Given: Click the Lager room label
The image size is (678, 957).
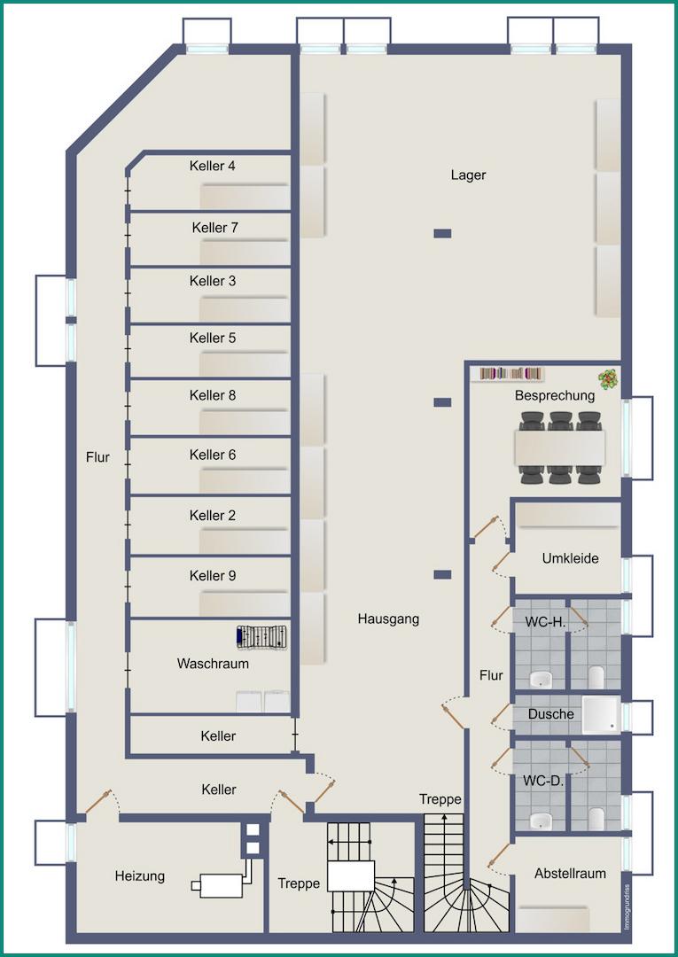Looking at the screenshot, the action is click(x=468, y=175).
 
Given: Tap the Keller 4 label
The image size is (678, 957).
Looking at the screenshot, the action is click(x=213, y=166).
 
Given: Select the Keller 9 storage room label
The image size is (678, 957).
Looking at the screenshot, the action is click(x=213, y=576).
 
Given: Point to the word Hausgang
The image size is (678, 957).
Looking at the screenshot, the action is click(x=388, y=619).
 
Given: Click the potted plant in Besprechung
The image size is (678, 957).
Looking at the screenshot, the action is click(x=608, y=379).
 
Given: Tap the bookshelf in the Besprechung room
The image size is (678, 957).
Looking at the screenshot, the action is click(x=510, y=373).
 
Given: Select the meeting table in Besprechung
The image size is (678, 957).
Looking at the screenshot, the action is click(x=560, y=448).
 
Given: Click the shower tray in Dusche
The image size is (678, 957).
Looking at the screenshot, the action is click(x=600, y=714).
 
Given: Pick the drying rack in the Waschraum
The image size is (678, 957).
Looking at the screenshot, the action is click(x=261, y=636).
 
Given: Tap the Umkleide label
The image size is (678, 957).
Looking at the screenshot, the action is click(x=570, y=558).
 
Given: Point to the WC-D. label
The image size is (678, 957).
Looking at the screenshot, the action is click(x=542, y=781).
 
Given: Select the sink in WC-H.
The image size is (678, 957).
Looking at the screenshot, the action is click(x=540, y=679).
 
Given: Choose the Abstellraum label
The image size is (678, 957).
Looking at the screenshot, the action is click(x=570, y=874).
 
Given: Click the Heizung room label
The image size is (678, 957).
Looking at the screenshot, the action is click(x=140, y=876).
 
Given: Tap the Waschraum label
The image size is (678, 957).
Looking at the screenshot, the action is click(x=213, y=664).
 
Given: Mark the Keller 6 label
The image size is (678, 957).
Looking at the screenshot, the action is click(x=213, y=455).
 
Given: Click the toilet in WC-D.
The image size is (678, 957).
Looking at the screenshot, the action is click(x=596, y=818).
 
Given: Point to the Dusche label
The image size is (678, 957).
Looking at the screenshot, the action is click(x=551, y=714).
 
